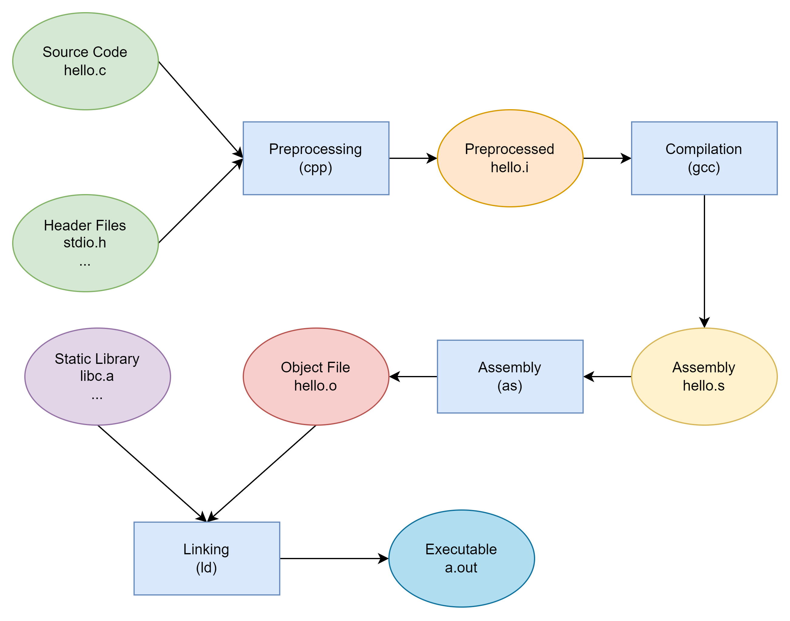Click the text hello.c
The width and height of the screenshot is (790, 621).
[x=85, y=70]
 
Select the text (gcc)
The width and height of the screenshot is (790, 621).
[x=704, y=168]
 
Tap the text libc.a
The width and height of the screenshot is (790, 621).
[x=97, y=376]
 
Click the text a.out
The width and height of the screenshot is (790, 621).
[x=461, y=568]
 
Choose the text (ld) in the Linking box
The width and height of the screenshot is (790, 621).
[x=206, y=568]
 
